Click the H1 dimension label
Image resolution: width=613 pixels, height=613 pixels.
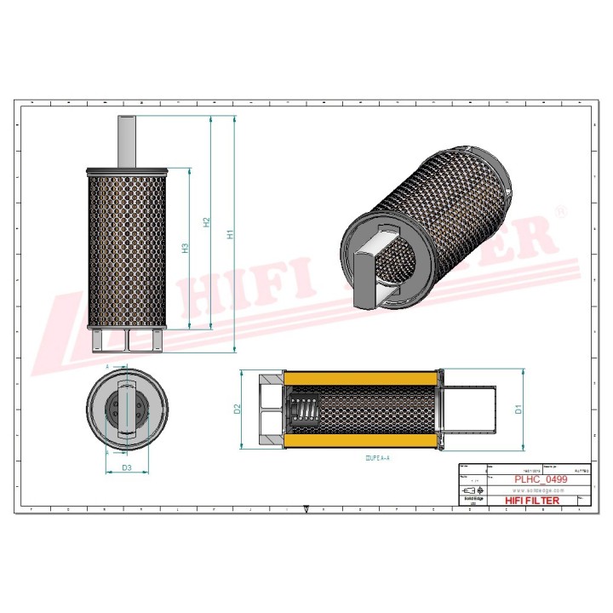point(229,234)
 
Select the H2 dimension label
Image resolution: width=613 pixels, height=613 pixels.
point(205,223)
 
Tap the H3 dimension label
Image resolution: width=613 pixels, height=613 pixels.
point(185,249)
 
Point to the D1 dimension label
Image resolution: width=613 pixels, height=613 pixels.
point(518,409)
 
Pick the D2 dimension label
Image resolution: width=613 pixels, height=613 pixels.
point(238,409)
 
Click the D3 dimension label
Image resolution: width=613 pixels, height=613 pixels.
point(126,468)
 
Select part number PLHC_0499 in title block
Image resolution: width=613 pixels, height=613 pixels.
point(541,480)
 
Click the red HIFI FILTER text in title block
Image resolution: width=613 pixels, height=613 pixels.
point(532,501)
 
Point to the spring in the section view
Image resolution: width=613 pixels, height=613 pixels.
point(302,410)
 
